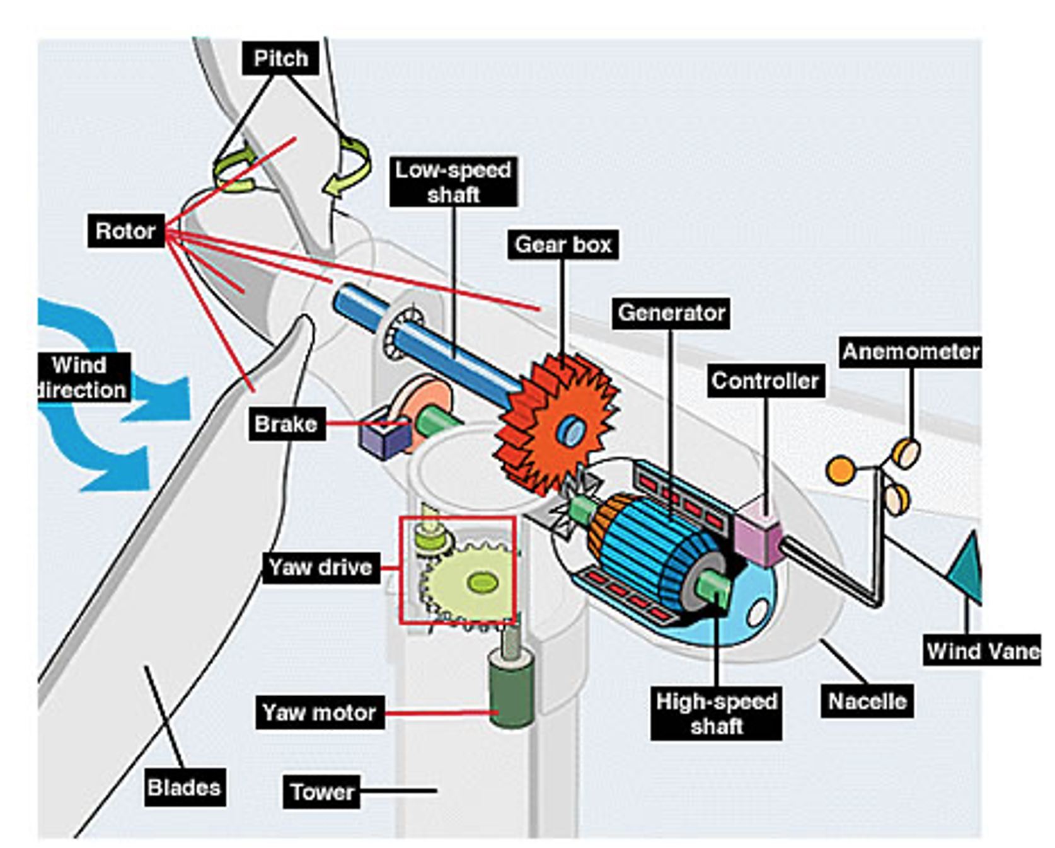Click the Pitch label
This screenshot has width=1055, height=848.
pos(280,59)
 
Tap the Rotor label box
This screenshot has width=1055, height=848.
pos(125,231)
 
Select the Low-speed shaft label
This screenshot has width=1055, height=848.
pos(453,181)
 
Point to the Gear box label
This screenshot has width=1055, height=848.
pos(563,244)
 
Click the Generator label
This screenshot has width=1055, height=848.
pos(671,312)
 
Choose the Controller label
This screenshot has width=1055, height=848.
pos(765,381)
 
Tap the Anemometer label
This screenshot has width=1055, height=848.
pos(911,352)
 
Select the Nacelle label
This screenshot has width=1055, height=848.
pos(867,701)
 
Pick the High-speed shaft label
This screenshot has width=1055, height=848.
pos(717,713)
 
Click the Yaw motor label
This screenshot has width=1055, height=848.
pos(320,713)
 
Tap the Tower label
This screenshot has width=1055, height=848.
pos(322,791)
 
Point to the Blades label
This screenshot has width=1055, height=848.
pos(184,787)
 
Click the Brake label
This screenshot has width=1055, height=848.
pos(286,424)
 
